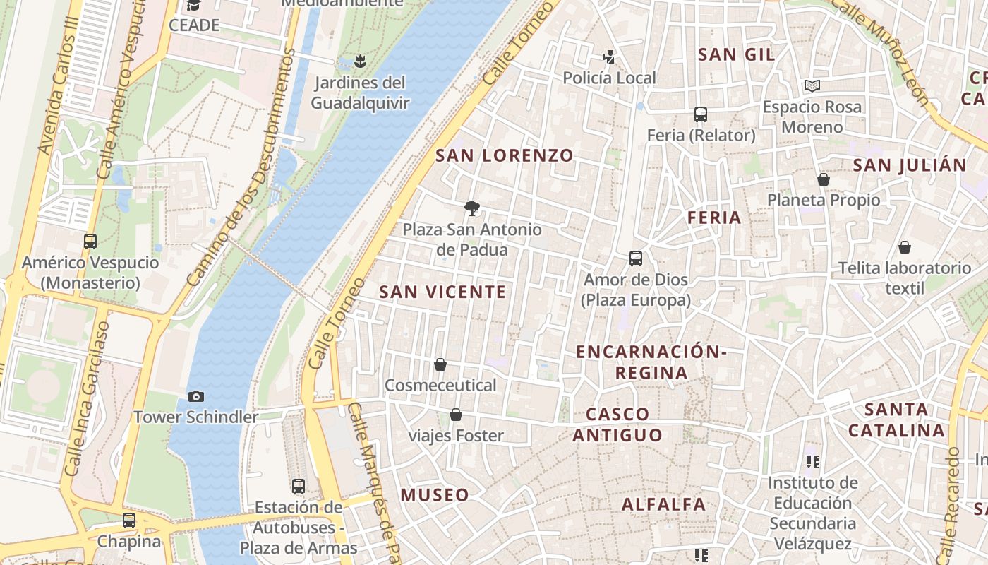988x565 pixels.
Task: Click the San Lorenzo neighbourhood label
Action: click(x=505, y=155)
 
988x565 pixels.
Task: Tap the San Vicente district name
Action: click(x=442, y=292)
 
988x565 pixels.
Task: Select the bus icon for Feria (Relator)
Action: click(x=701, y=114)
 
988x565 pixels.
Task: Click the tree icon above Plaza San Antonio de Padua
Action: click(x=472, y=208)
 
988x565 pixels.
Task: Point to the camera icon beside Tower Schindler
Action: click(x=196, y=396)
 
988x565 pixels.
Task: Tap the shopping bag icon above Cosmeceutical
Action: click(x=440, y=364)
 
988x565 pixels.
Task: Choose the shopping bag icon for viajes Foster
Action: click(x=456, y=415)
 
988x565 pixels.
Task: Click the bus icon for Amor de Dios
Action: click(x=636, y=258)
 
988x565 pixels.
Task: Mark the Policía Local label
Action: click(x=609, y=78)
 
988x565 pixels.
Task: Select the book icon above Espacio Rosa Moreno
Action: click(x=812, y=86)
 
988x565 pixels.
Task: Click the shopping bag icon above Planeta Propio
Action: click(x=824, y=179)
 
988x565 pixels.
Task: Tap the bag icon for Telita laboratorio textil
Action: click(x=905, y=247)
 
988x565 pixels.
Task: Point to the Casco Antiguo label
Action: click(x=617, y=424)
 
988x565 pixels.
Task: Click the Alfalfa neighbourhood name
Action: click(x=663, y=504)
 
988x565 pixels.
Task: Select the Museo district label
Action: click(x=435, y=495)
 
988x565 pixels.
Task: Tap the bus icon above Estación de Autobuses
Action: click(x=299, y=486)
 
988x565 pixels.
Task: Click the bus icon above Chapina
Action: click(x=129, y=521)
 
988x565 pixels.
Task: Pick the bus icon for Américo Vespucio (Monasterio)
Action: click(x=90, y=241)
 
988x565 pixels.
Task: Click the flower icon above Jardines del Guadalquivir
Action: click(x=360, y=61)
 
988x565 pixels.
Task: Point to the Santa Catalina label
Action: click(x=896, y=420)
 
